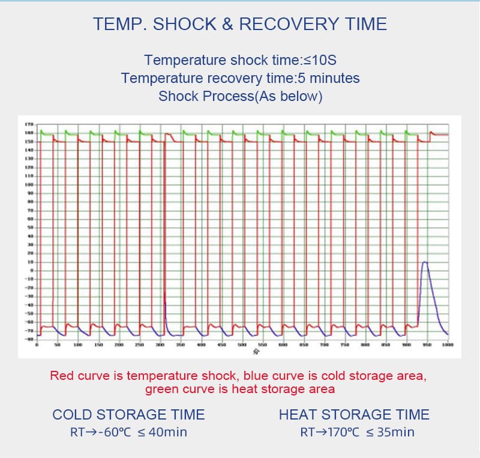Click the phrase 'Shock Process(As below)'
pyautogui.click(x=240, y=96)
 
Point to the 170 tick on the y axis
pyautogui.click(x=28, y=124)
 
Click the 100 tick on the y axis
pyautogui.click(x=28, y=185)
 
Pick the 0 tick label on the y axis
pyautogui.click(x=29, y=270)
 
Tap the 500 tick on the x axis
pyautogui.click(x=242, y=346)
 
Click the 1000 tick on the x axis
pyautogui.click(x=448, y=346)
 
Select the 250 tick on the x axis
pyautogui.click(x=139, y=346)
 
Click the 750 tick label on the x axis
pyautogui.click(x=345, y=346)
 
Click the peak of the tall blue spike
pyautogui.click(x=425, y=262)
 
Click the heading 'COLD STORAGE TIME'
pyautogui.click(x=128, y=415)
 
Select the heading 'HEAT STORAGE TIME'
pyautogui.click(x=354, y=415)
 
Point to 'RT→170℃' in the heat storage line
pyautogui.click(x=328, y=432)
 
